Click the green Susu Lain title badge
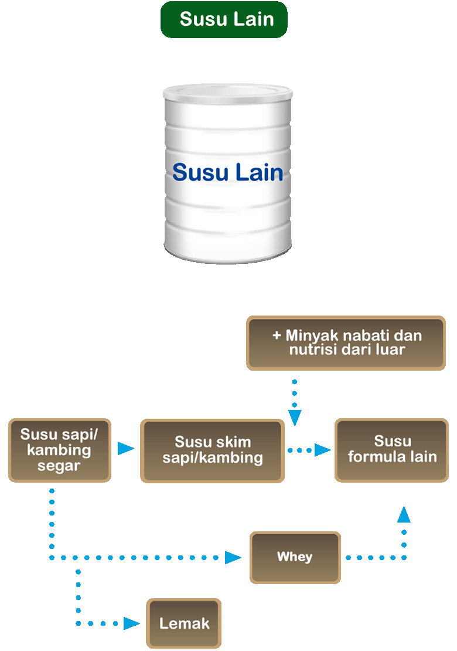(x=224, y=19)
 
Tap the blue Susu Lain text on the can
(x=227, y=172)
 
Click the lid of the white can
(x=227, y=92)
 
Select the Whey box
(x=295, y=557)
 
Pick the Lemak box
(x=184, y=623)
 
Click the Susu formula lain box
(x=392, y=450)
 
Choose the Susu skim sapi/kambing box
(x=212, y=450)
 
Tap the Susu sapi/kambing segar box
(x=59, y=450)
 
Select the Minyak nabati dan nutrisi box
(x=347, y=343)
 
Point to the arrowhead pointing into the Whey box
(x=233, y=557)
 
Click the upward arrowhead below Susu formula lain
(x=404, y=515)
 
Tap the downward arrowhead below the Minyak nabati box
(x=295, y=417)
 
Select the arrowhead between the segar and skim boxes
(x=125, y=449)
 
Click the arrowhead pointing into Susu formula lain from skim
(x=322, y=450)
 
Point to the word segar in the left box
(x=59, y=466)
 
